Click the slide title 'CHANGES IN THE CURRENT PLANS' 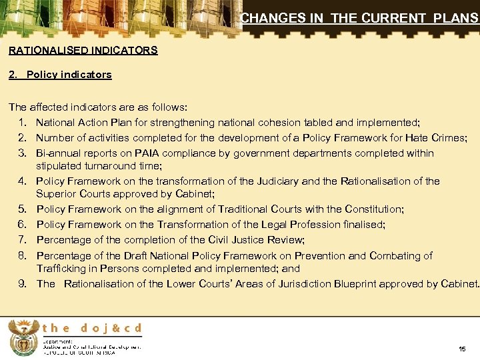tap(359, 19)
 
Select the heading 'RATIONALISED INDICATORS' tap(83, 50)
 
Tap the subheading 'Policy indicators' tap(69, 75)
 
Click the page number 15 tap(462, 349)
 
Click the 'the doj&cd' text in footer tap(92, 327)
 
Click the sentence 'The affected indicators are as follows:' tap(98, 107)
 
